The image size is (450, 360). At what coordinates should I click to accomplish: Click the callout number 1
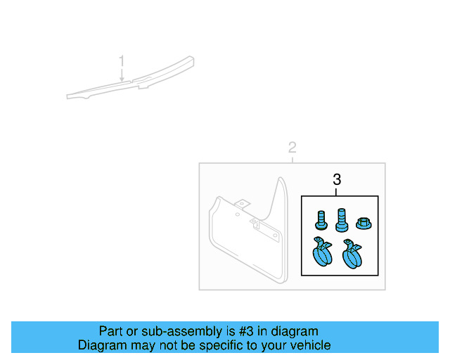(x=122, y=61)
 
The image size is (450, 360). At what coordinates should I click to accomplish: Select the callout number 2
(x=292, y=148)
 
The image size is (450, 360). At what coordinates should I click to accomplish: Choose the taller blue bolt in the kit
(x=342, y=219)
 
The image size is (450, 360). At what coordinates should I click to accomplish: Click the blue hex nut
(x=364, y=224)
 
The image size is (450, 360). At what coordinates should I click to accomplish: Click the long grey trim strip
(x=134, y=83)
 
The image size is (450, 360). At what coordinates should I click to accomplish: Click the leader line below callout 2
(x=292, y=159)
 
